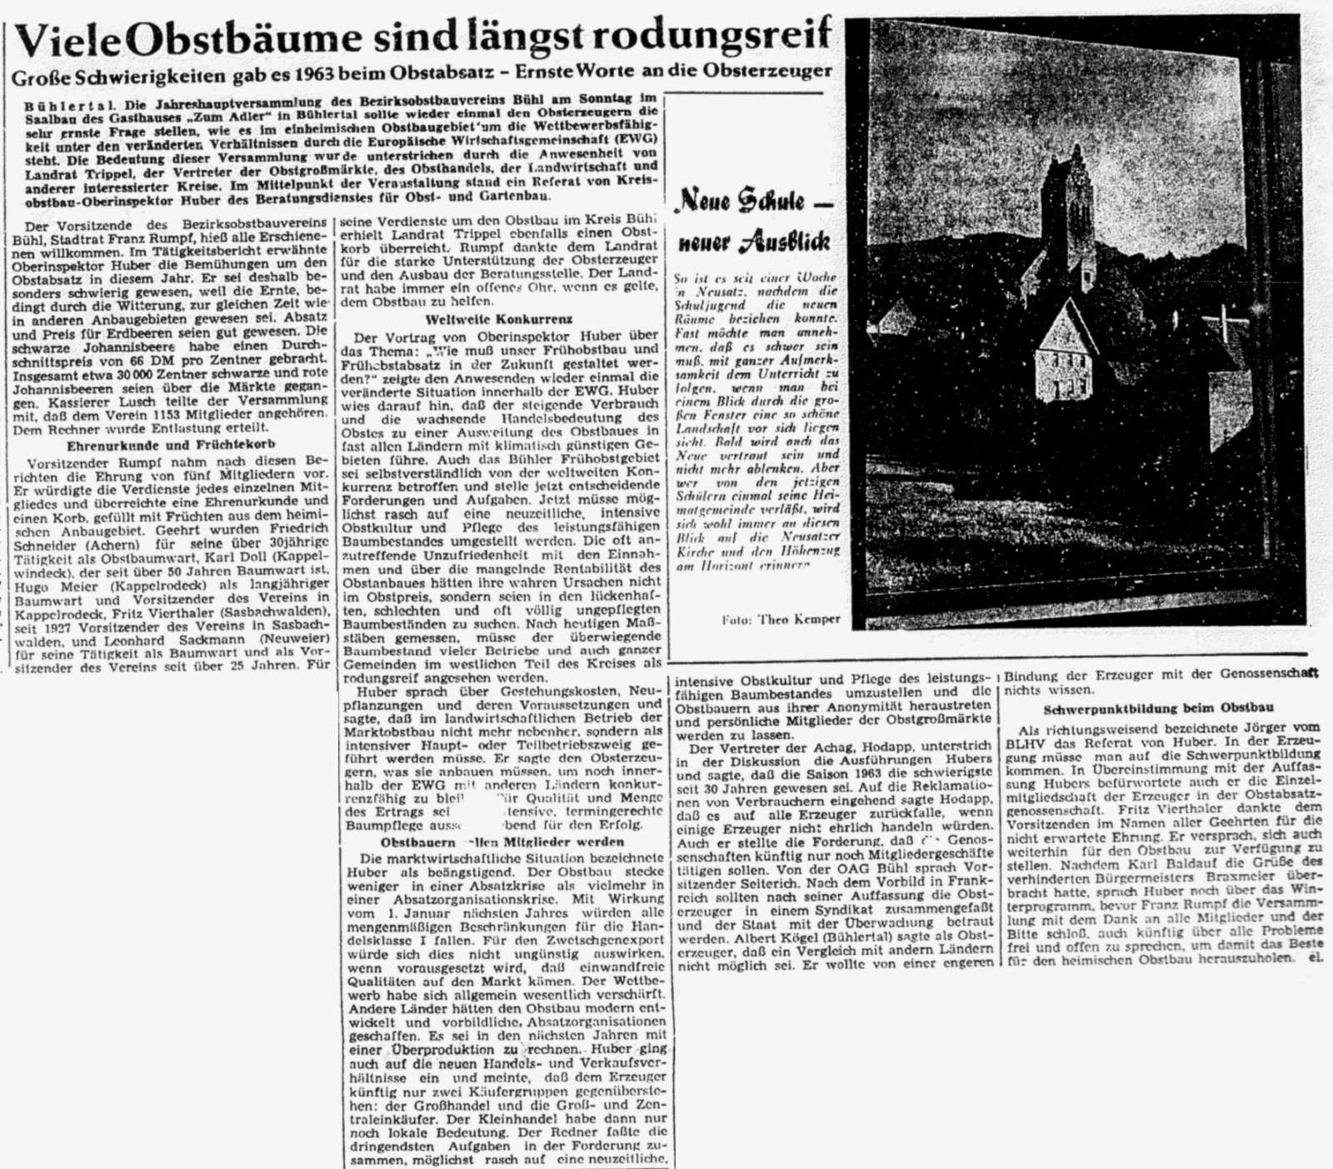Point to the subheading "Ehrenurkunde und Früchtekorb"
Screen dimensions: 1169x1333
(x=171, y=445)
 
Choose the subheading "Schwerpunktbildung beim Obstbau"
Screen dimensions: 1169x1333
(x=1158, y=707)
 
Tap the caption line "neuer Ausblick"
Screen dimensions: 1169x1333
(x=754, y=242)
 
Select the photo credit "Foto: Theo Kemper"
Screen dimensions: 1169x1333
(x=781, y=619)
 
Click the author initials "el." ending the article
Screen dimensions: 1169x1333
(x=1315, y=958)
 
